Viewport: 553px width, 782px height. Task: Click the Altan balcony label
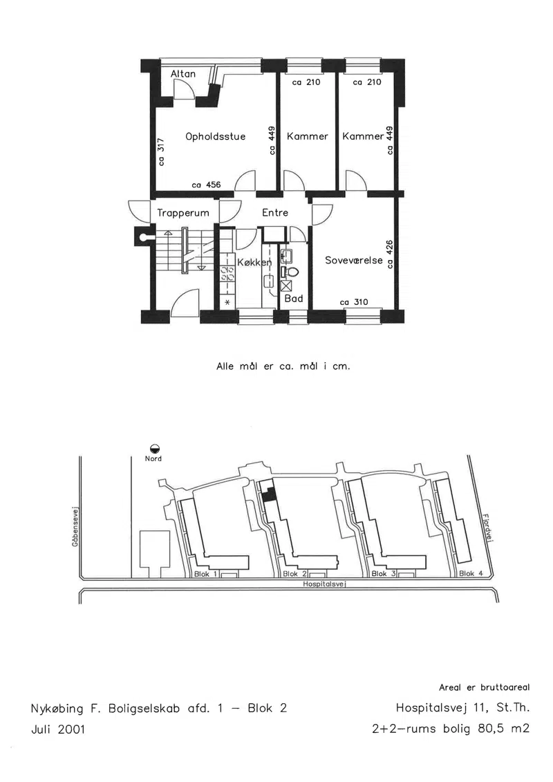click(182, 74)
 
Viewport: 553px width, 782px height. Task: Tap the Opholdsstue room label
click(216, 136)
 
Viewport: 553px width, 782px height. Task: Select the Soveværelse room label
click(354, 260)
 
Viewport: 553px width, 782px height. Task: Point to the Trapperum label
click(183, 213)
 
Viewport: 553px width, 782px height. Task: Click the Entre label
click(275, 212)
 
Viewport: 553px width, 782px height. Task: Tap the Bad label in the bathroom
click(294, 298)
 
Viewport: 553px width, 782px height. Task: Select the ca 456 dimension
click(206, 185)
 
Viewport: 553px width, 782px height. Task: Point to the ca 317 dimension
click(161, 151)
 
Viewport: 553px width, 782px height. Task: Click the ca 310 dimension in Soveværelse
click(353, 301)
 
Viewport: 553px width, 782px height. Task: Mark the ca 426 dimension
click(391, 253)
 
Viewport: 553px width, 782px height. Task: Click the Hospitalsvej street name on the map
click(325, 584)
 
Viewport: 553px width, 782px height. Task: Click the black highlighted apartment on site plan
click(270, 493)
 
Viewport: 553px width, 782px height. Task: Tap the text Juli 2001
click(58, 729)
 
